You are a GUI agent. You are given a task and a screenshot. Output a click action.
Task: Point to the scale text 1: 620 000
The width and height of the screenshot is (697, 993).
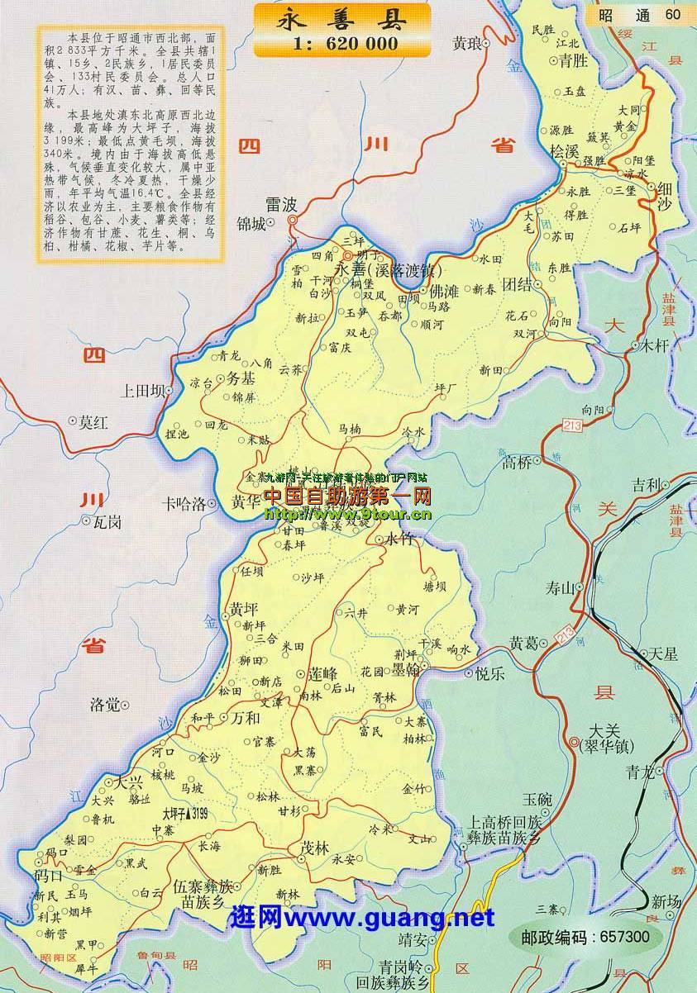coord(342,44)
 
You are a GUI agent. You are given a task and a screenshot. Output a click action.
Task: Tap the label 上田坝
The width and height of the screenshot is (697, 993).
coord(141,391)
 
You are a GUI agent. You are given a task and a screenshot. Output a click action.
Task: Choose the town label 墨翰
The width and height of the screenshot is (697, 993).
coord(404,668)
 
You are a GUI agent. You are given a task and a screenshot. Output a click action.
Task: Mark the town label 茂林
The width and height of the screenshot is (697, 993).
coord(315,848)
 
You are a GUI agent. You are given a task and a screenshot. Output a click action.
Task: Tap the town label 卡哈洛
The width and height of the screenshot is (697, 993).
coord(184,503)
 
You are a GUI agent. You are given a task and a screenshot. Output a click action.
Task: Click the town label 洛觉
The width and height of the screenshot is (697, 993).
coord(105,705)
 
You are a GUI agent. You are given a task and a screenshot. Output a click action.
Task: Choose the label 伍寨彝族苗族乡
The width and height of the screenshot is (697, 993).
coord(203,894)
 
